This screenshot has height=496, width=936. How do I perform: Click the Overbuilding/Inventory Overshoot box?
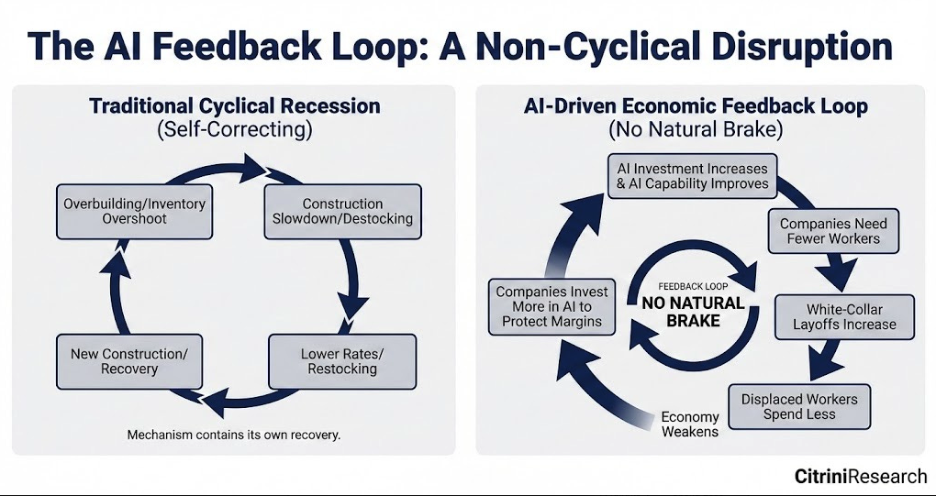(134, 212)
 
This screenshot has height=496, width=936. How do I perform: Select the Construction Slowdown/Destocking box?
(342, 212)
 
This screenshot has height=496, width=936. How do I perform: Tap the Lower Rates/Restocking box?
(342, 362)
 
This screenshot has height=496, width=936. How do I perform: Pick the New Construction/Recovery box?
(129, 362)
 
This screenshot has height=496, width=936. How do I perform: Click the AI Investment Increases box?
(693, 176)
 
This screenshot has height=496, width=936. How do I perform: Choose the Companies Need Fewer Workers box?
(833, 231)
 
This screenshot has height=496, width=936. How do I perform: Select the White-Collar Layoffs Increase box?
(844, 317)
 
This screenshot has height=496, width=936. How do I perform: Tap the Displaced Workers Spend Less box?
(799, 406)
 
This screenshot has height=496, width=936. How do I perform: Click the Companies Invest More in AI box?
(552, 307)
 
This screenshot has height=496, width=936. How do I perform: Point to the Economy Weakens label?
(690, 424)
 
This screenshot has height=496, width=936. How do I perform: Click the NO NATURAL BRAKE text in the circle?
(693, 312)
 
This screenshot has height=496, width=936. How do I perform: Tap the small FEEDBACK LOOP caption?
(693, 286)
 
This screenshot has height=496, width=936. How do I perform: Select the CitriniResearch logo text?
(861, 476)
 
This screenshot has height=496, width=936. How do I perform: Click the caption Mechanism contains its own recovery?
(234, 435)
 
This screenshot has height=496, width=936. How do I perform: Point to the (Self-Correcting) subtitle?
(234, 130)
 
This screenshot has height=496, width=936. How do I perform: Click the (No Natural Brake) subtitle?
(696, 130)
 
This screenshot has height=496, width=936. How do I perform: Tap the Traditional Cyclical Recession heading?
(235, 106)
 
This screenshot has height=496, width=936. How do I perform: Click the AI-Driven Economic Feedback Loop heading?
(696, 106)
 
